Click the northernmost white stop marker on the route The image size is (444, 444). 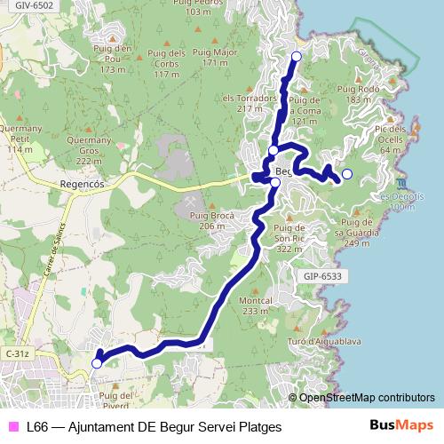click(x=296, y=57)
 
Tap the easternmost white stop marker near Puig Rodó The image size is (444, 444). click(x=347, y=174)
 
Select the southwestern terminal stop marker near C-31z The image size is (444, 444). click(x=97, y=362)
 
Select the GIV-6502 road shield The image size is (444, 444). click(x=35, y=5)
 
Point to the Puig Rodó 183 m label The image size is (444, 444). click(x=359, y=94)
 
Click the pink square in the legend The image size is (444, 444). click(x=12, y=427)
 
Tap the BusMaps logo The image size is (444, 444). click(x=401, y=425)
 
